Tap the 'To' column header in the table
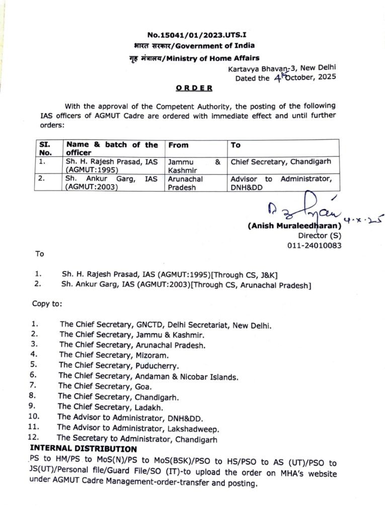point(236,145)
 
